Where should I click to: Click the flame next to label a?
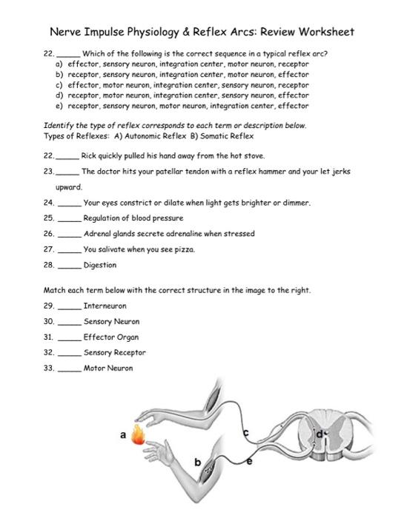pyautogui.click(x=137, y=435)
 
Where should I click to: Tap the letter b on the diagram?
pyautogui.click(x=197, y=462)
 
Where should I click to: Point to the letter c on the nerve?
pyautogui.click(x=247, y=431)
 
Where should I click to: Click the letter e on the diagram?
pyautogui.click(x=249, y=460)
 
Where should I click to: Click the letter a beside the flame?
pyautogui.click(x=123, y=436)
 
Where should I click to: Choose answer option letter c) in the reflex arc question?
pyautogui.click(x=50, y=85)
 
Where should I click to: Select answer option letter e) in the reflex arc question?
pyautogui.click(x=50, y=106)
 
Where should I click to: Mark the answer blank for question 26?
pyautogui.click(x=69, y=234)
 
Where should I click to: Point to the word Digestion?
pyautogui.click(x=100, y=265)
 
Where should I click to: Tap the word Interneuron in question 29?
pyautogui.click(x=105, y=306)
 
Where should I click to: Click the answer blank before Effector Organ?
pyautogui.click(x=69, y=337)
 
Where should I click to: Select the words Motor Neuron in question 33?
pyautogui.click(x=108, y=369)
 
